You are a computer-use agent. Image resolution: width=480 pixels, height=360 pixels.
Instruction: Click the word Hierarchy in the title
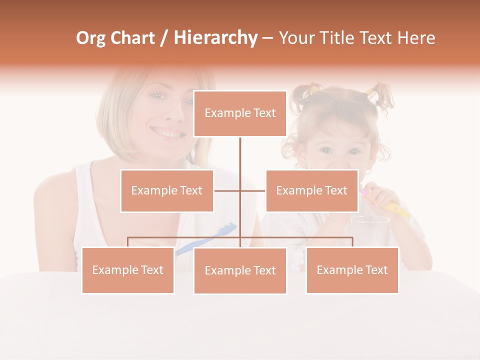(x=215, y=38)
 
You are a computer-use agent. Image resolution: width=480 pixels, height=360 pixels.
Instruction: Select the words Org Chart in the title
(x=115, y=38)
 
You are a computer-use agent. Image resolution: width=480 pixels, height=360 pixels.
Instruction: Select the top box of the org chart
(x=240, y=113)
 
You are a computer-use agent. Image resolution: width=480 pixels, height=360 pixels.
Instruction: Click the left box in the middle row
(x=167, y=190)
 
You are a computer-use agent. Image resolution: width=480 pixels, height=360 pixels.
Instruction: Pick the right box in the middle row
(x=311, y=190)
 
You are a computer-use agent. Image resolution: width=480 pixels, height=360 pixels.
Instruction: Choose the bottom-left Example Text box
(x=128, y=270)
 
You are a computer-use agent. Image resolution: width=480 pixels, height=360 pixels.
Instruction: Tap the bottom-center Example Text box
(x=240, y=270)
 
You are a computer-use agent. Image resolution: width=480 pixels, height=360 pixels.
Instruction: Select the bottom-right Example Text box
(x=352, y=270)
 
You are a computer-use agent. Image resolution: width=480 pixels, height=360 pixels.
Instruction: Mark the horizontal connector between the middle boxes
(x=240, y=190)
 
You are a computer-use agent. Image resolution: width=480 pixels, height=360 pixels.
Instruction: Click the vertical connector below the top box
(x=240, y=155)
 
